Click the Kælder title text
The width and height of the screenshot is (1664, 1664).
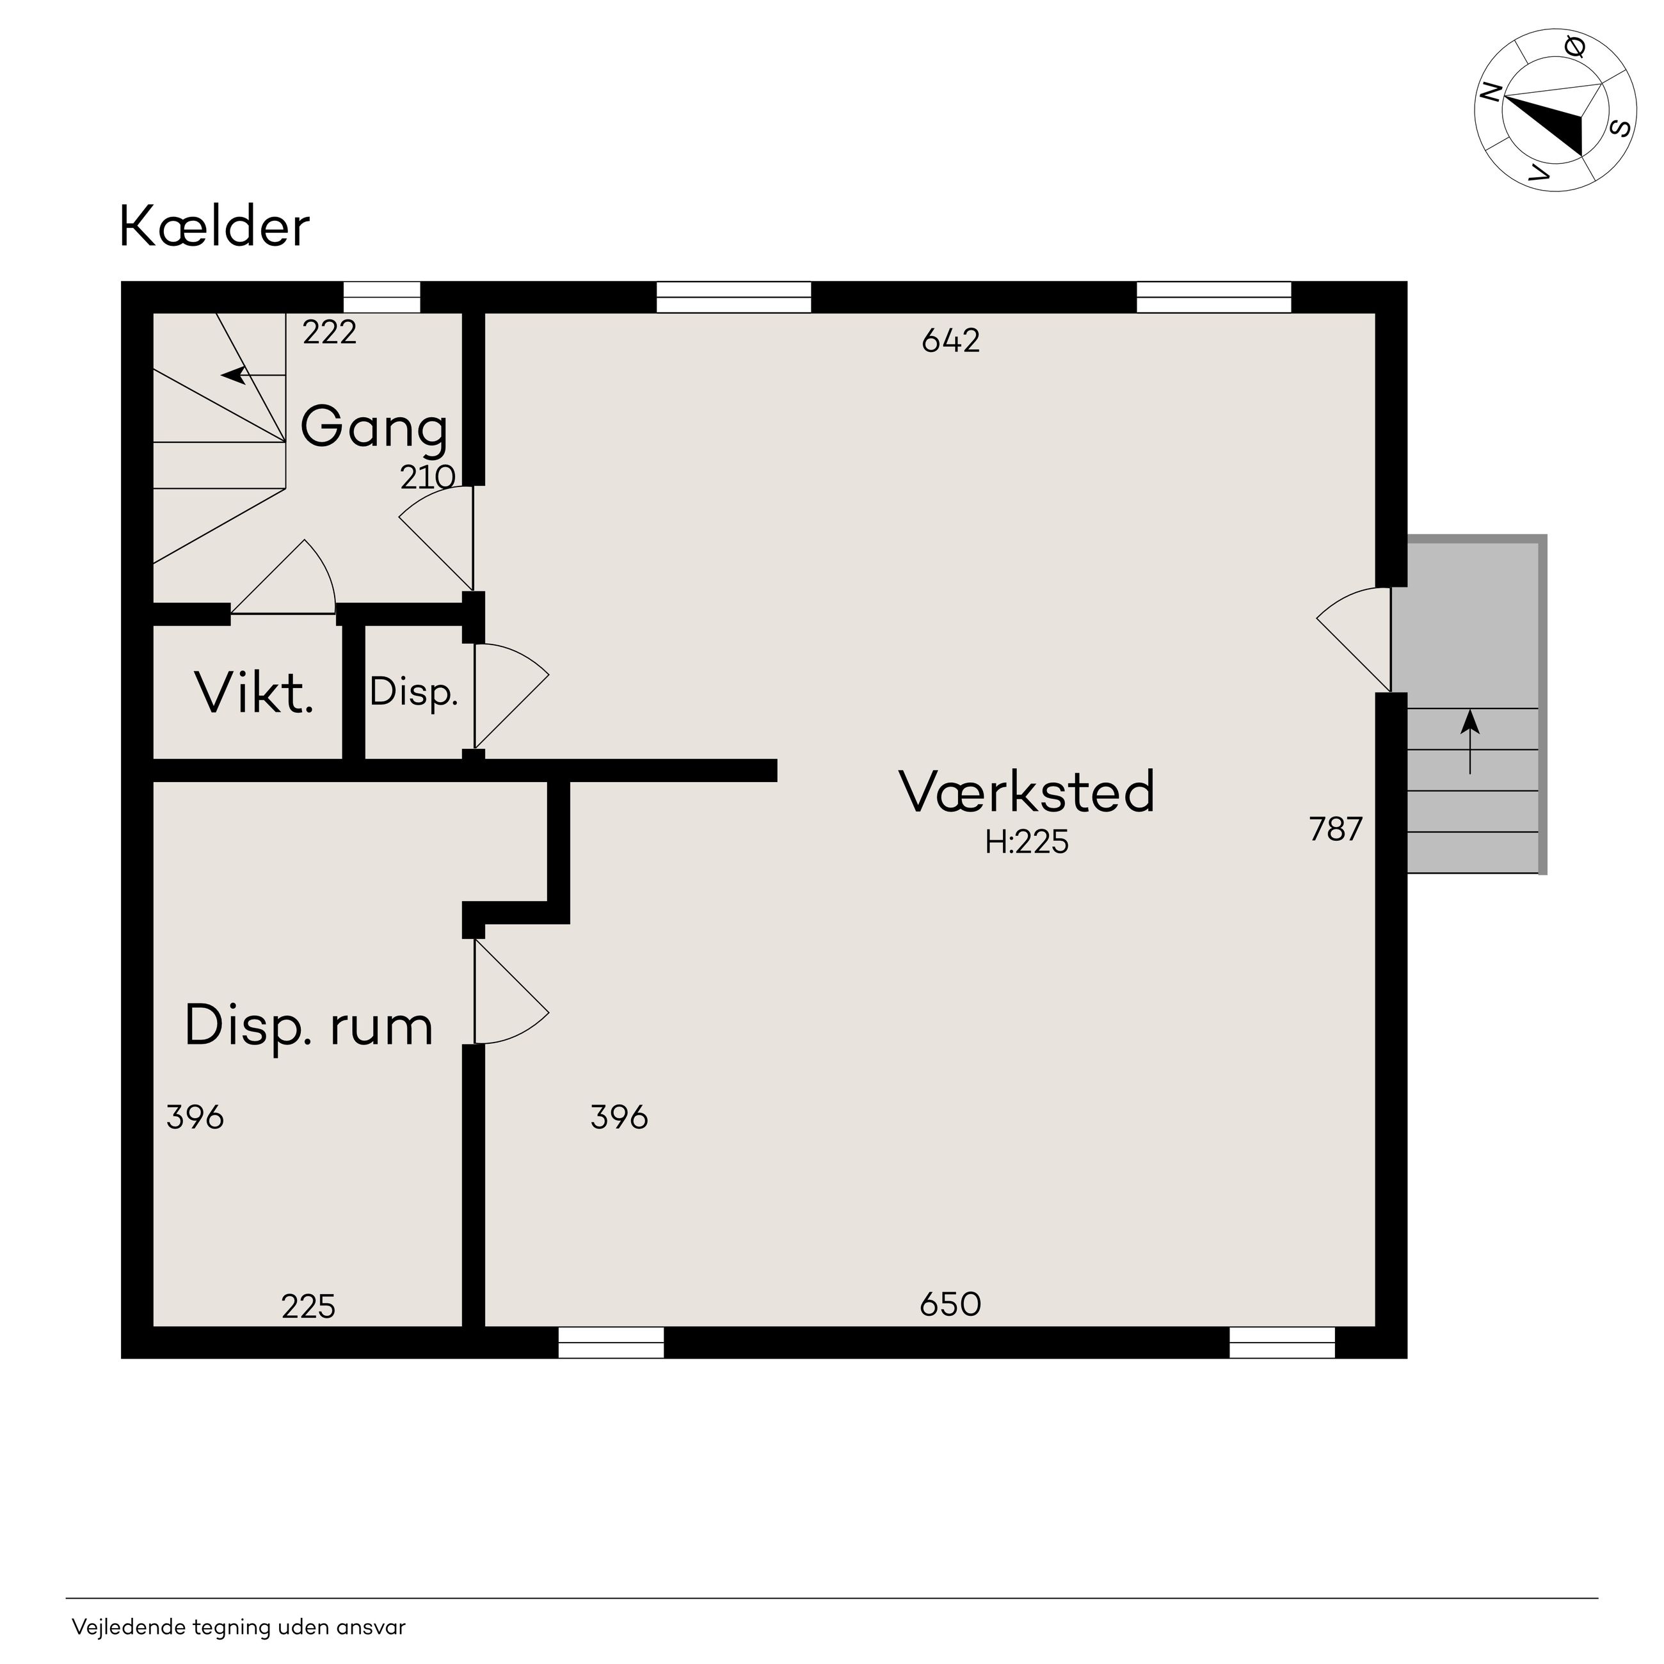point(214,227)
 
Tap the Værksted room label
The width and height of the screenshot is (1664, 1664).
point(1027,792)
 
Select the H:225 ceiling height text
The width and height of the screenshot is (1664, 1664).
point(1027,842)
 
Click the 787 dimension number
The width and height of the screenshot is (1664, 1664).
point(1336,829)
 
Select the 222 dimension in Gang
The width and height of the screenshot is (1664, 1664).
point(330,332)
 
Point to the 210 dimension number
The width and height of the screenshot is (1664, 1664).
point(427,477)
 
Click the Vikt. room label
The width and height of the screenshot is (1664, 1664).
point(254,692)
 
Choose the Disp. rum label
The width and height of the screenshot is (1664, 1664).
point(308,1027)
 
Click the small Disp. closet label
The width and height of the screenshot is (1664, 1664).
point(413,692)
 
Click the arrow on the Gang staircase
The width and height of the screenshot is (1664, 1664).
point(253,376)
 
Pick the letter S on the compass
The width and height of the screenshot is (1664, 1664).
point(1620,129)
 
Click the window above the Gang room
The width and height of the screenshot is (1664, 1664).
point(381,297)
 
